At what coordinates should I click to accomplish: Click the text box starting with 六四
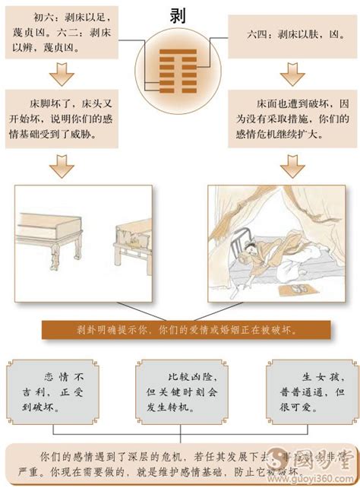pos(291,33)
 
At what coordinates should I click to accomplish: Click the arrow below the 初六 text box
pos(61,74)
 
